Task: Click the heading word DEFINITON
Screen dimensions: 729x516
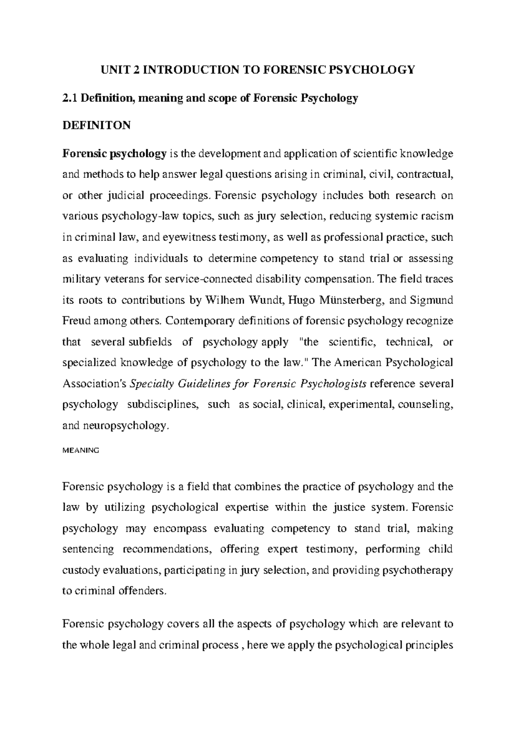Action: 96,126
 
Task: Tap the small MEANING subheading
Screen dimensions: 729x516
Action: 81,450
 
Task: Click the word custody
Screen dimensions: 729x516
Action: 80,570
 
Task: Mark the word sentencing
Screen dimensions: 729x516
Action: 88,549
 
